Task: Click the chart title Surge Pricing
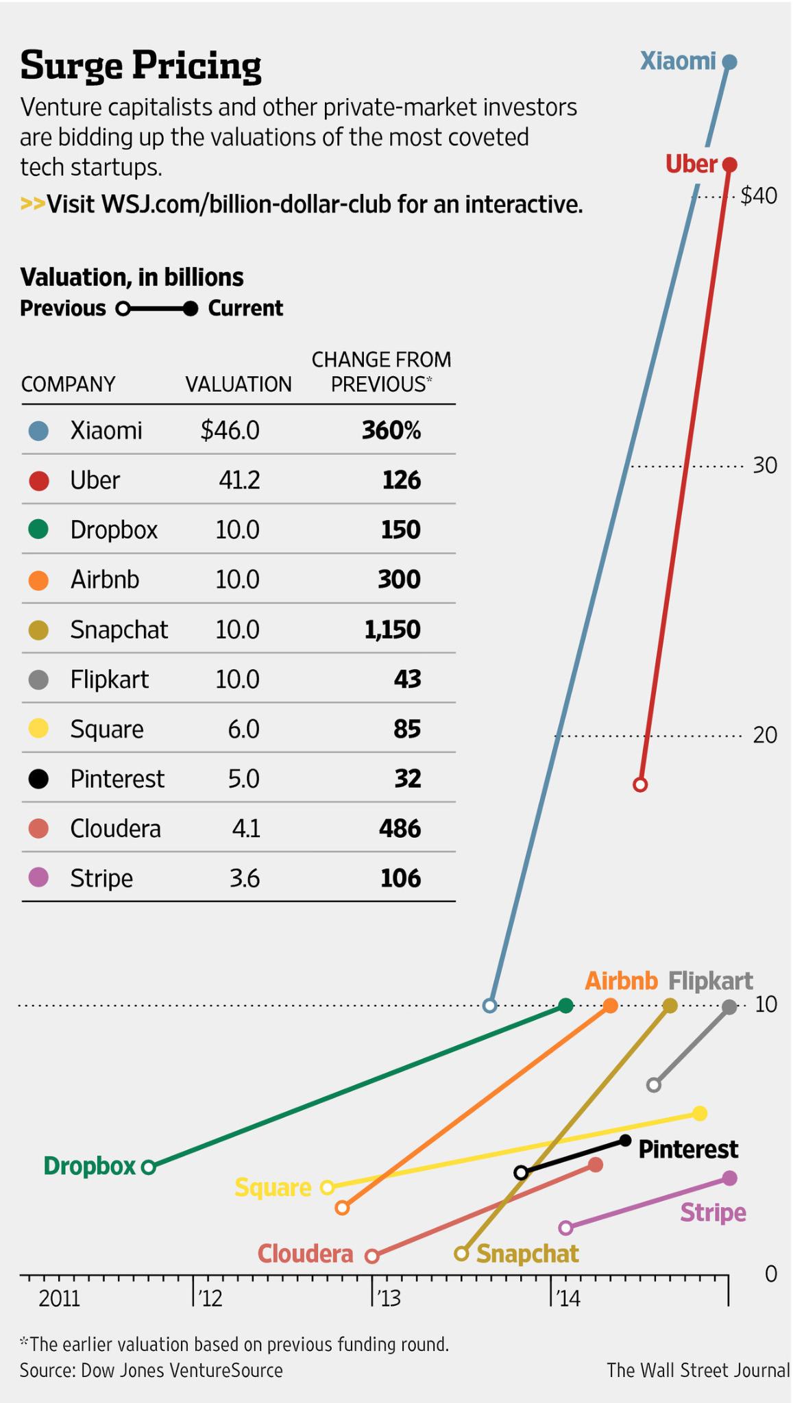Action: pyautogui.click(x=141, y=66)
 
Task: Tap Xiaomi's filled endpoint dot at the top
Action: pyautogui.click(x=729, y=62)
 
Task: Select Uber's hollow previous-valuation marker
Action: pyautogui.click(x=640, y=784)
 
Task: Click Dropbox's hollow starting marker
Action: pyautogui.click(x=149, y=1167)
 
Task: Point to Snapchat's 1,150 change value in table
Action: pyautogui.click(x=393, y=630)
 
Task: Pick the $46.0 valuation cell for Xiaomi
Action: pyautogui.click(x=230, y=430)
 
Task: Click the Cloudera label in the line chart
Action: pyautogui.click(x=306, y=1253)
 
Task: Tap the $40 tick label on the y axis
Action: pyautogui.click(x=759, y=197)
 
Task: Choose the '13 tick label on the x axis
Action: pyautogui.click(x=388, y=1298)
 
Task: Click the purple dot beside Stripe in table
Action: pyautogui.click(x=39, y=878)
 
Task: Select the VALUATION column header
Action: pyautogui.click(x=239, y=384)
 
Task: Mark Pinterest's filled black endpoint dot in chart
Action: pyautogui.click(x=625, y=1141)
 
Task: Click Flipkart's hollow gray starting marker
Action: pyautogui.click(x=654, y=1084)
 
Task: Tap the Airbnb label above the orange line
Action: pyautogui.click(x=621, y=981)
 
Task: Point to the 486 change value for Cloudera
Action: pyautogui.click(x=400, y=828)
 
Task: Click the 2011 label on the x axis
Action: pyautogui.click(x=59, y=1298)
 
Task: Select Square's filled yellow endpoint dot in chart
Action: pyautogui.click(x=699, y=1114)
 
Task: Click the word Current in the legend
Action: pyautogui.click(x=245, y=309)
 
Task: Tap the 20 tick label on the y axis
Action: pyautogui.click(x=765, y=735)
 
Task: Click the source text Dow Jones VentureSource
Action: pyautogui.click(x=182, y=1370)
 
